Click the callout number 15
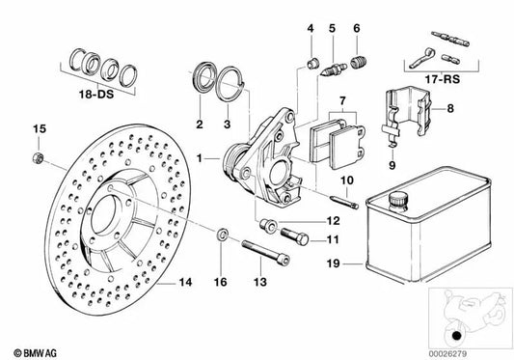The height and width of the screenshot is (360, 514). point(39,129)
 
